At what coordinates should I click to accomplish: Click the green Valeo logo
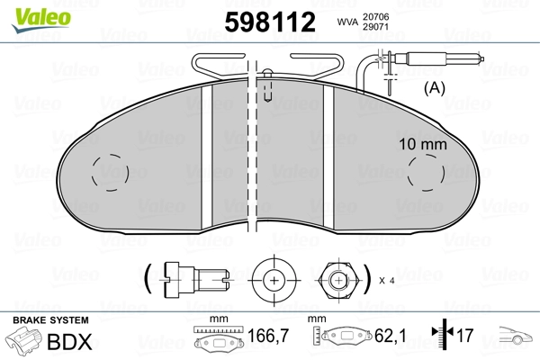(41, 20)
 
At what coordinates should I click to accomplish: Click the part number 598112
(270, 22)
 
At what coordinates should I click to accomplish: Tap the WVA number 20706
(375, 16)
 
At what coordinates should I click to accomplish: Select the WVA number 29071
(375, 27)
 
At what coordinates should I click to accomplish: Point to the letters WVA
(347, 22)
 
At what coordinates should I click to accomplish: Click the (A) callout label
(435, 88)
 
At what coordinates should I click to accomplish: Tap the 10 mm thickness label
(423, 144)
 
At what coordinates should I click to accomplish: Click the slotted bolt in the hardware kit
(194, 279)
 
